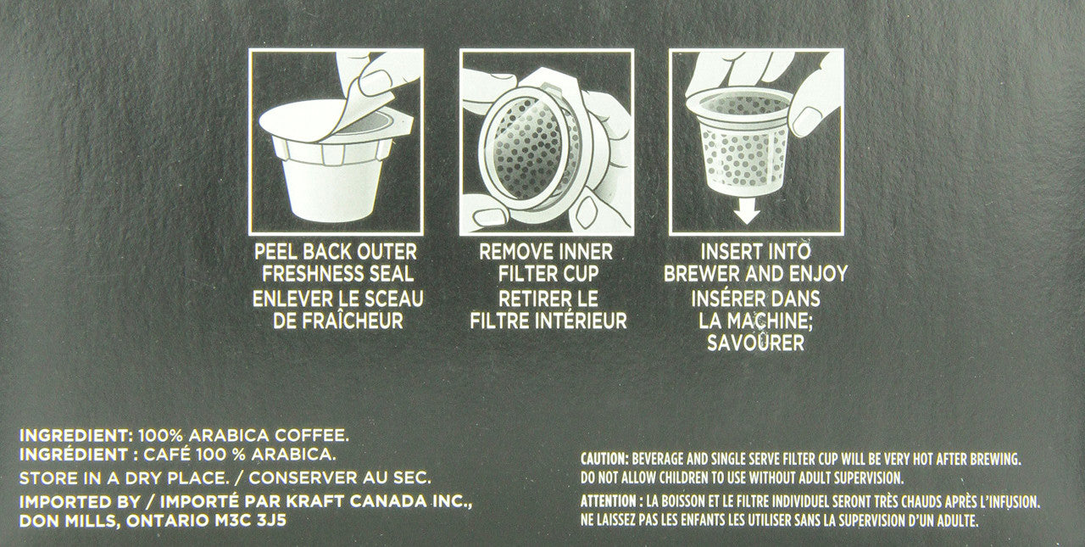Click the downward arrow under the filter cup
pos(746,209)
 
